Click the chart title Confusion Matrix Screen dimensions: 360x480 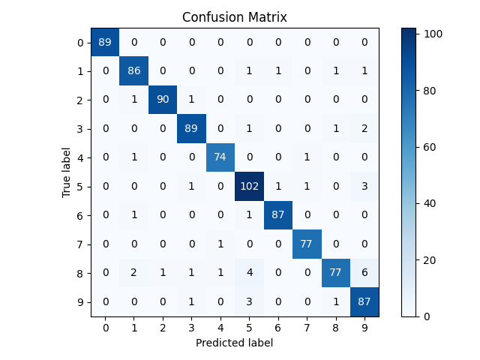point(234,17)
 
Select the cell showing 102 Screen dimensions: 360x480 point(249,187)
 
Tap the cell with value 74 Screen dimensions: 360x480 point(220,157)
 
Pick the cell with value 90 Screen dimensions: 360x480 point(162,100)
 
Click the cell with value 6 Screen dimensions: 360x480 point(364,273)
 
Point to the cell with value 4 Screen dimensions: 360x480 point(249,273)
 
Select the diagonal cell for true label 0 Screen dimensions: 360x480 point(104,42)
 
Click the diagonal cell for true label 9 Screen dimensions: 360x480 point(364,302)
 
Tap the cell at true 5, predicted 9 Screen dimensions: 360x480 point(364,187)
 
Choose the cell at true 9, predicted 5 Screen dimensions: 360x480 point(249,302)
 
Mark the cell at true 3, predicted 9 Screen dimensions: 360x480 point(364,129)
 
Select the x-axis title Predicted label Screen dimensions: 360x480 point(234,343)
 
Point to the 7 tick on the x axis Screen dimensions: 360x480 point(307,327)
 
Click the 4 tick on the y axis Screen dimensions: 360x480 point(80,157)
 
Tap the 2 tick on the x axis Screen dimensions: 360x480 point(162,327)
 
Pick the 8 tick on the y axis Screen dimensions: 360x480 point(80,273)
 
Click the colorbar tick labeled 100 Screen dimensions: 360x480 point(433,34)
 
